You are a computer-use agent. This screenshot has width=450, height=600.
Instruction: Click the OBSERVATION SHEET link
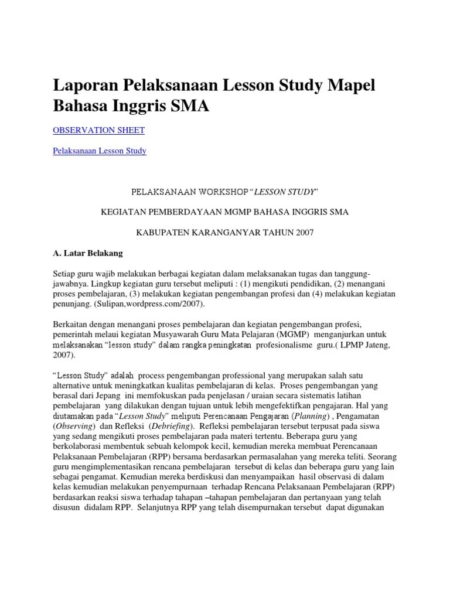(x=98, y=129)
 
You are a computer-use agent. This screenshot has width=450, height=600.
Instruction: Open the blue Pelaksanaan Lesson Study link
(x=99, y=151)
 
